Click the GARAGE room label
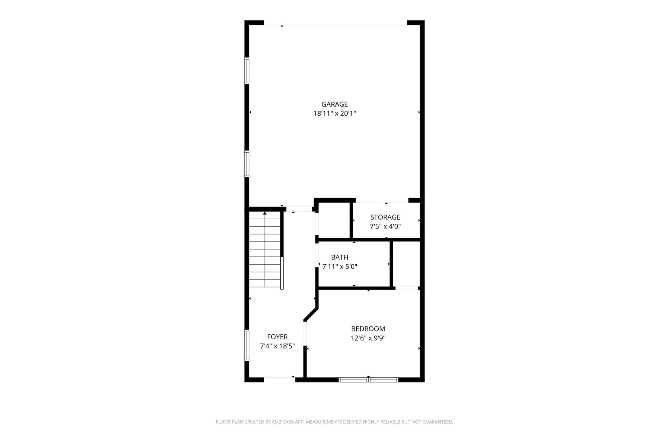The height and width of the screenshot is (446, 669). tap(334, 104)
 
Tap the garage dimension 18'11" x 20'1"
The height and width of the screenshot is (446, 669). tap(334, 113)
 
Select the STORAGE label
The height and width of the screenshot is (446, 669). tap(385, 217)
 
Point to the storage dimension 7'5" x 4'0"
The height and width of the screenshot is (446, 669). tap(385, 226)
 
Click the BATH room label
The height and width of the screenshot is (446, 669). tap(340, 258)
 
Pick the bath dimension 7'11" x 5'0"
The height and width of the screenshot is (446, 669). tap(340, 266)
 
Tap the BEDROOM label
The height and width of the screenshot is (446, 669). tap(368, 329)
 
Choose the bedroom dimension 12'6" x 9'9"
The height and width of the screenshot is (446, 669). tap(368, 338)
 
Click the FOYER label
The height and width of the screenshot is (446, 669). tap(277, 337)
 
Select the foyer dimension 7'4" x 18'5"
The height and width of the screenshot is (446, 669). tap(277, 346)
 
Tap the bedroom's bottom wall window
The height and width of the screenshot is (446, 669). tap(368, 379)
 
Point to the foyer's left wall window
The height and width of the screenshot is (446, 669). tap(246, 345)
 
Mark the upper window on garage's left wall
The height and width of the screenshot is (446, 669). tap(246, 71)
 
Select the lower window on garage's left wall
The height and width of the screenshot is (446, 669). tap(246, 164)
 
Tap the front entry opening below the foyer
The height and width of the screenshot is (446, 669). tap(279, 378)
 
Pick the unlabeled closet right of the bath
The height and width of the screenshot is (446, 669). tap(406, 264)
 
